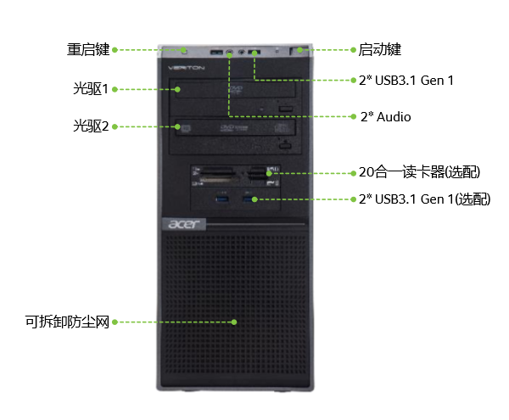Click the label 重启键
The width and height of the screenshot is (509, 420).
[x=88, y=50]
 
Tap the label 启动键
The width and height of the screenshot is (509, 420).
[x=379, y=50]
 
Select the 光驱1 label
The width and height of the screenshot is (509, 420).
[x=91, y=88]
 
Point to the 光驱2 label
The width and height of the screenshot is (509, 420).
[x=91, y=126]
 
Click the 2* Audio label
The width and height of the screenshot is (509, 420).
[x=386, y=116]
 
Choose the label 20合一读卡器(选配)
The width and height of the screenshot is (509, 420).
[x=419, y=172]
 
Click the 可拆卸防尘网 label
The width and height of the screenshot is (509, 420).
[x=67, y=322]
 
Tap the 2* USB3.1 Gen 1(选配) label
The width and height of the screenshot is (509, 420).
[x=425, y=199]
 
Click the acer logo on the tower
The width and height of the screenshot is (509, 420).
[x=184, y=224]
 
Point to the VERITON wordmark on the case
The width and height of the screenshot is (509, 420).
[x=187, y=68]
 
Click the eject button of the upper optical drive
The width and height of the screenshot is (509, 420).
[x=286, y=109]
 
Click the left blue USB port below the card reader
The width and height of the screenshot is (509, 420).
[x=222, y=199]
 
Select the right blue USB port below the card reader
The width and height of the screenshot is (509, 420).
[x=249, y=199]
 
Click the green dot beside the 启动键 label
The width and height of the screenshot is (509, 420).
[x=353, y=50]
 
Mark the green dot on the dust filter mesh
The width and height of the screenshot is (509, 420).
[x=234, y=322]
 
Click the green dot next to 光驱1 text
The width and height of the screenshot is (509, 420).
[x=115, y=89]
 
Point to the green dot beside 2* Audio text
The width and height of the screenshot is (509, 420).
[x=354, y=116]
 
